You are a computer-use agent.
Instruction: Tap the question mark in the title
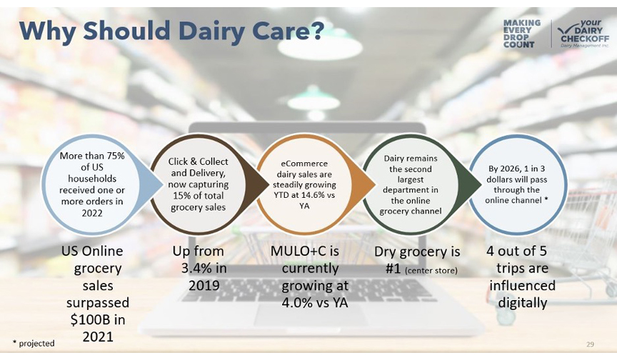pyautogui.click(x=316, y=30)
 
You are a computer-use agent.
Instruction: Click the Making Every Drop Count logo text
pyautogui.click(x=521, y=34)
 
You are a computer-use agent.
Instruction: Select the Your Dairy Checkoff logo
pyautogui.click(x=583, y=34)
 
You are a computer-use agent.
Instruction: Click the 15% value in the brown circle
pyautogui.click(x=181, y=196)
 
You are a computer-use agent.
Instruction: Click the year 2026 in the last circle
pyautogui.click(x=510, y=169)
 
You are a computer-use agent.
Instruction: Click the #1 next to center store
pyautogui.click(x=393, y=269)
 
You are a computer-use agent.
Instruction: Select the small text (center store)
pyautogui.click(x=431, y=271)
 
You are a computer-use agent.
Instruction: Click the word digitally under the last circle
pyautogui.click(x=523, y=303)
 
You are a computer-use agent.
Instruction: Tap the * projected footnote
pyautogui.click(x=34, y=344)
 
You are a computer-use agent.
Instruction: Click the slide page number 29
pyautogui.click(x=590, y=345)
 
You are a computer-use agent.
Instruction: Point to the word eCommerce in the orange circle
pyautogui.click(x=304, y=164)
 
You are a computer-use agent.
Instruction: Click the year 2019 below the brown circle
pyautogui.click(x=204, y=286)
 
